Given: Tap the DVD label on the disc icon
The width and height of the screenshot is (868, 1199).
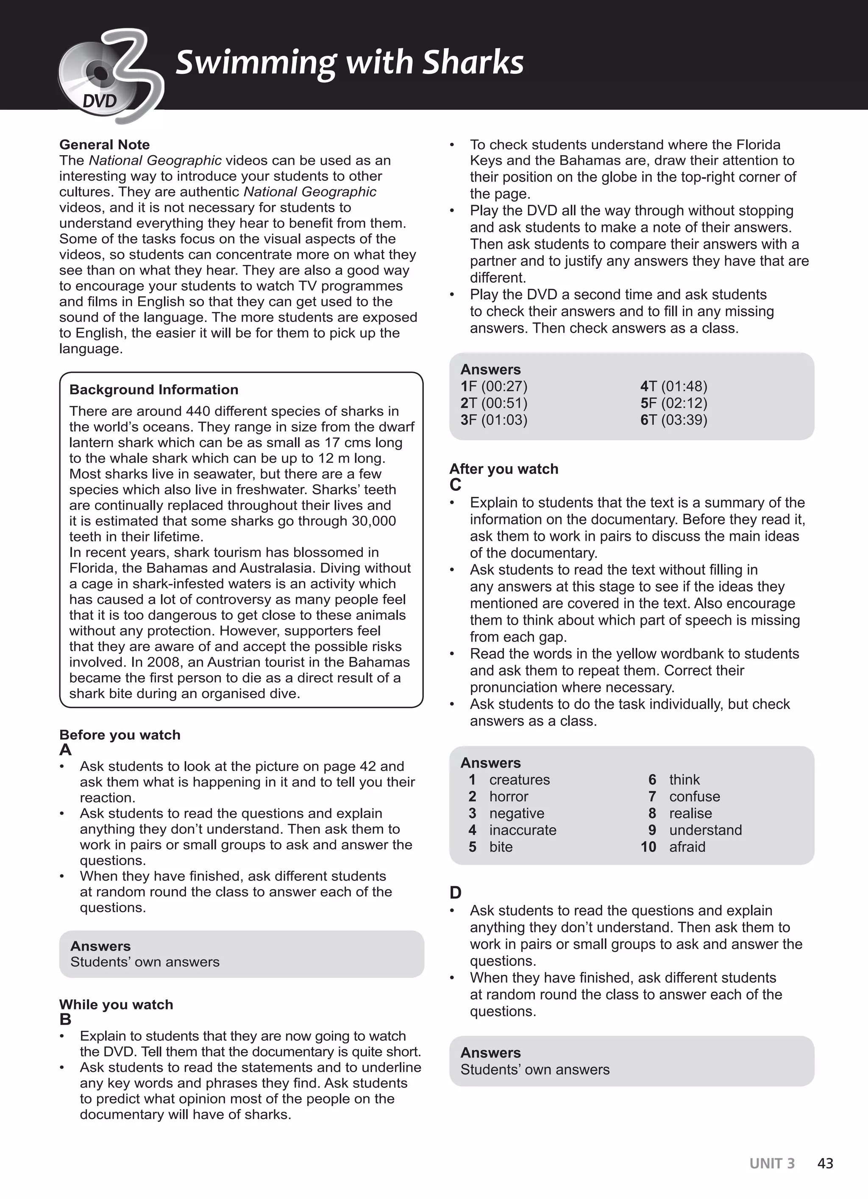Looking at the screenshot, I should [x=99, y=100].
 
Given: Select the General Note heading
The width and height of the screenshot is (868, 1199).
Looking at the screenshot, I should [x=104, y=145].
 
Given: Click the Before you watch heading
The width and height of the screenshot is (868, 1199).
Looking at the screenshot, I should [x=120, y=735].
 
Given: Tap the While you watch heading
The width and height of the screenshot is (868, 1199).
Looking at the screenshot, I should [x=116, y=1004].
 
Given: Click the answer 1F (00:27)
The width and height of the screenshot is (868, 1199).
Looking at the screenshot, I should [x=494, y=387].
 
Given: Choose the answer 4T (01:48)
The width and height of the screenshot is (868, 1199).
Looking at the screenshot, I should [x=673, y=387].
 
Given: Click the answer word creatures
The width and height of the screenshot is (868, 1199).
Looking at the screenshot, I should [x=519, y=780].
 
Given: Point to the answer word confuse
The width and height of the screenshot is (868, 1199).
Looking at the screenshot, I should [x=694, y=797].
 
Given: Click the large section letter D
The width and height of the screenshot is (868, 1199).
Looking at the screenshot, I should [x=455, y=893].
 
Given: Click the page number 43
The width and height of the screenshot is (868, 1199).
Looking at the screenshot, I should [x=825, y=1163].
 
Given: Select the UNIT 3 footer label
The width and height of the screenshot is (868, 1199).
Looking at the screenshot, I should [x=771, y=1163].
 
